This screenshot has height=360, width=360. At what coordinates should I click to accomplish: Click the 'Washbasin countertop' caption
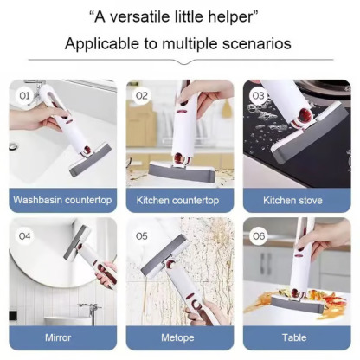(x=63, y=200)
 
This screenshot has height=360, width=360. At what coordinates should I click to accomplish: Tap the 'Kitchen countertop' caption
(x=178, y=200)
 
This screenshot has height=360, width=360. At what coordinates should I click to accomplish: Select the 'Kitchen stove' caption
(x=293, y=200)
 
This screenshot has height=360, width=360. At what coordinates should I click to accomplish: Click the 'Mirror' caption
(x=58, y=337)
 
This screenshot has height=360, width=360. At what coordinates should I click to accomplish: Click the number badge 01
(x=25, y=95)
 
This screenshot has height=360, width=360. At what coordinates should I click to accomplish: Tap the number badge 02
(x=142, y=95)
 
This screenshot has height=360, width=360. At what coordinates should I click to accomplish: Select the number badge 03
(x=258, y=95)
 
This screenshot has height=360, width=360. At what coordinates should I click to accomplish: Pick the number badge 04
(x=25, y=235)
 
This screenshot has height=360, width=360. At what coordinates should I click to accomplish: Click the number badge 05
(x=142, y=235)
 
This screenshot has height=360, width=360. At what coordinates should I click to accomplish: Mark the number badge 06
(x=258, y=235)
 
